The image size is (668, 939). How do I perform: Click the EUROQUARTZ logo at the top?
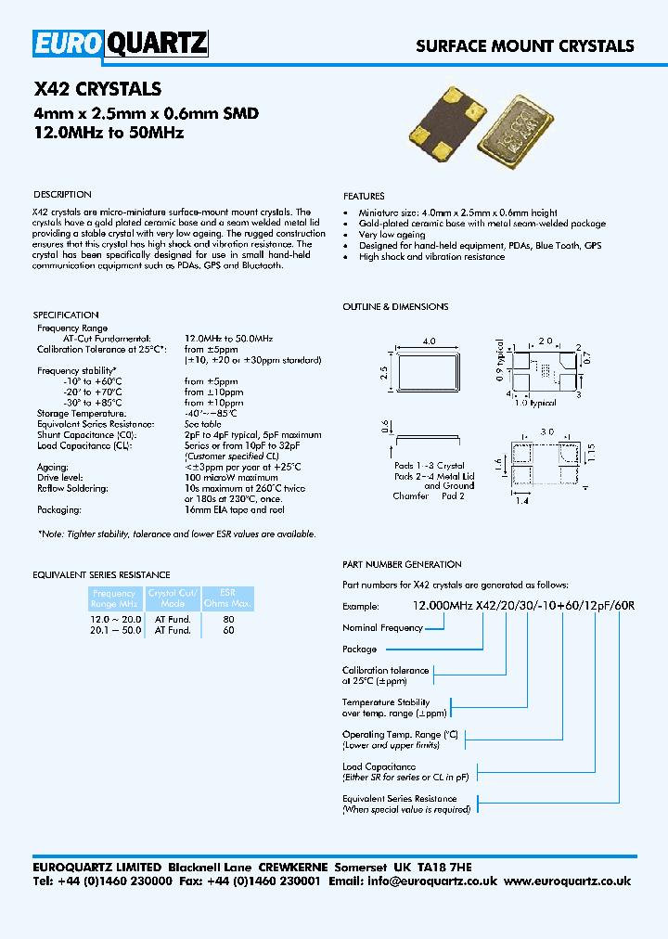click(x=121, y=43)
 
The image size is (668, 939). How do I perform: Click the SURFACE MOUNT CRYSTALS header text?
click(x=524, y=45)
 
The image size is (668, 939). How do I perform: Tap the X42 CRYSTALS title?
click(x=97, y=90)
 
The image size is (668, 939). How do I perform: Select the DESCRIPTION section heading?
click(x=62, y=195)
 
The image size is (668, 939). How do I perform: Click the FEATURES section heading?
click(x=364, y=197)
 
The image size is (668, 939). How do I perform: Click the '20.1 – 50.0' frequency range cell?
click(x=114, y=630)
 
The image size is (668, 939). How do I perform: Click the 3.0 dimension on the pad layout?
click(x=548, y=431)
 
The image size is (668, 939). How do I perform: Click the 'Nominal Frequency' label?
click(x=382, y=628)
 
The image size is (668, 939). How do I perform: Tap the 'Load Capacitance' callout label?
click(x=379, y=767)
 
